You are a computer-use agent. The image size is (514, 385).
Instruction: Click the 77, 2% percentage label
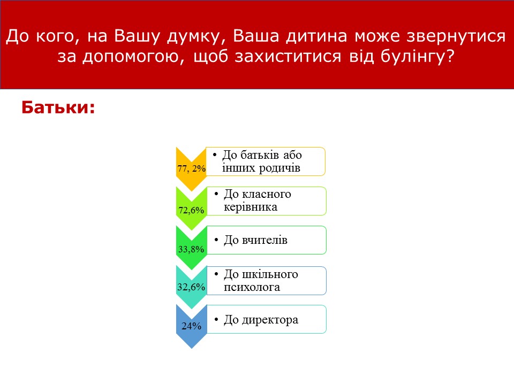click(192, 168)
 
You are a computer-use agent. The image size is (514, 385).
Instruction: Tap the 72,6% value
click(191, 210)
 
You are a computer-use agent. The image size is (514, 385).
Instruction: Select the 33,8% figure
click(191, 250)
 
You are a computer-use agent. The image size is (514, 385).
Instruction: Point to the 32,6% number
click(191, 287)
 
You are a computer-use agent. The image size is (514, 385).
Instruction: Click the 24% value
click(192, 326)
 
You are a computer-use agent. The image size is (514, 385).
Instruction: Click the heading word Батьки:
click(58, 107)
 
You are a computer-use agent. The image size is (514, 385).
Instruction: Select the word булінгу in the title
click(418, 56)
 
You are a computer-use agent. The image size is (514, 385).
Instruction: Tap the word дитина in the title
click(316, 36)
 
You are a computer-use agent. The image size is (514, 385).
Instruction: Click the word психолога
click(252, 287)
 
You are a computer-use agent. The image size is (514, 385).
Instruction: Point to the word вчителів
click(264, 240)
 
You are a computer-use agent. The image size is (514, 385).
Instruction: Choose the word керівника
click(251, 207)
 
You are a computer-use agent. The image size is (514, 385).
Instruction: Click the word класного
click(267, 195)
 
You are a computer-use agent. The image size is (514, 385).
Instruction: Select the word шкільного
click(270, 274)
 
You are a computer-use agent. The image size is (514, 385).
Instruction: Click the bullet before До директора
click(216, 320)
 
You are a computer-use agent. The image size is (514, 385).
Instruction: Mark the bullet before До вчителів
click(216, 240)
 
